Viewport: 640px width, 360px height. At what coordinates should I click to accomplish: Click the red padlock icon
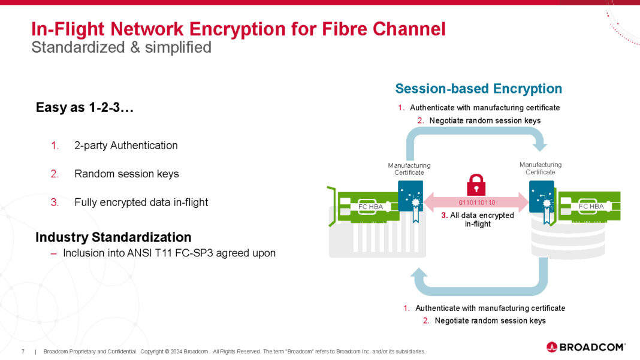[476, 184]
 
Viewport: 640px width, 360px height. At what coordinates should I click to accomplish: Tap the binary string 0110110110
[476, 203]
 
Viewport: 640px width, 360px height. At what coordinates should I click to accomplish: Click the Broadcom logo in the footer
[586, 347]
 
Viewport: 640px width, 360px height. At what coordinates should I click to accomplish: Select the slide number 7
[23, 351]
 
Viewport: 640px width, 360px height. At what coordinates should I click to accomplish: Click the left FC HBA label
[370, 207]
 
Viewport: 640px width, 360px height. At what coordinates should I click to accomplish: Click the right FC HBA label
[591, 206]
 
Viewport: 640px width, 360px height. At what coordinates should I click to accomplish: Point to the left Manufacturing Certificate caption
[409, 169]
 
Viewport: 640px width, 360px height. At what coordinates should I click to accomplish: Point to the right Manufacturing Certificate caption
[541, 168]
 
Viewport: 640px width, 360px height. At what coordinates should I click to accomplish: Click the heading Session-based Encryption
[478, 89]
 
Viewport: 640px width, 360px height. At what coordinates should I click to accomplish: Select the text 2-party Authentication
[126, 145]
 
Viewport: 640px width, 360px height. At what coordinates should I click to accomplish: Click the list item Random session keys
[126, 174]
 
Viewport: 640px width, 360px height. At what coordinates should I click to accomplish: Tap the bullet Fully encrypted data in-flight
[141, 202]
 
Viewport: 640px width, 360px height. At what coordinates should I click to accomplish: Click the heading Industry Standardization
[113, 237]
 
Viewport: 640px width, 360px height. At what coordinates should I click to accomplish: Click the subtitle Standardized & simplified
[121, 47]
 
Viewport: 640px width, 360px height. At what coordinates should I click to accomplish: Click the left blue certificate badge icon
[410, 196]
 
